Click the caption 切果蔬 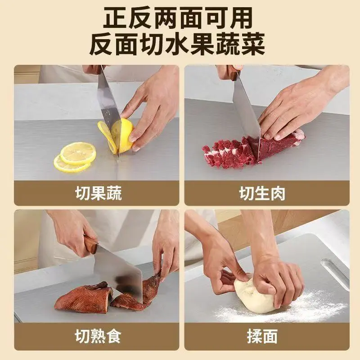point(99,193)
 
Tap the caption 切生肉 point(262,193)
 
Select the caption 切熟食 point(98,336)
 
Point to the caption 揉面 point(262,336)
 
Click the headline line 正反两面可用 point(178,18)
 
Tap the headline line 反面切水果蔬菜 point(177,44)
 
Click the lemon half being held point(122,136)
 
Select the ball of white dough point(254,295)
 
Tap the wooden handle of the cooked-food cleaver point(91,244)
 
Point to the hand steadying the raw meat point(296,108)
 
